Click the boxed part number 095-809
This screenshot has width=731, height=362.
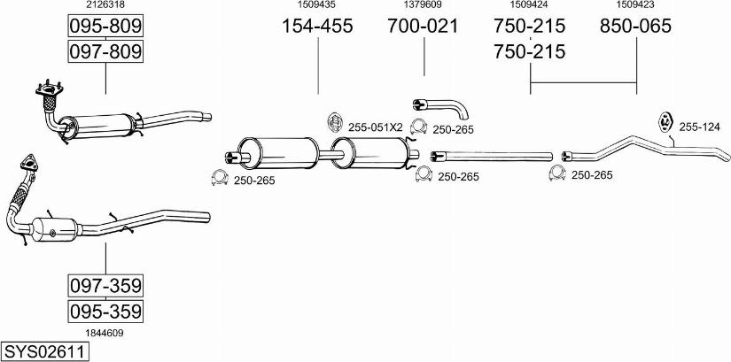click(x=105, y=26)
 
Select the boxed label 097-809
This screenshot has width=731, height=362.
click(x=105, y=50)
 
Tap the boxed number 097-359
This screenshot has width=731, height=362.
click(x=105, y=286)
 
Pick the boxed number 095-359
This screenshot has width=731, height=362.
click(x=105, y=311)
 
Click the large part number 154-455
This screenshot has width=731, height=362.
click(x=317, y=26)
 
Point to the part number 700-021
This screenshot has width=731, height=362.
click(x=424, y=26)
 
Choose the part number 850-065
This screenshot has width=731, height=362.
click(x=635, y=26)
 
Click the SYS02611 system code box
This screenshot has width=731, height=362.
click(x=45, y=351)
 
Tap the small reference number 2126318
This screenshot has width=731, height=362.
click(x=105, y=4)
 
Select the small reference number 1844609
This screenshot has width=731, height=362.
click(x=105, y=333)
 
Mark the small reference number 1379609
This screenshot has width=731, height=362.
click(x=423, y=4)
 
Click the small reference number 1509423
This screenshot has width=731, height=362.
click(x=635, y=4)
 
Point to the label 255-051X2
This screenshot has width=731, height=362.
click(x=376, y=127)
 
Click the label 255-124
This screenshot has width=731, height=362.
click(x=699, y=127)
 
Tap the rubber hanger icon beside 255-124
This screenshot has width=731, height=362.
click(x=665, y=121)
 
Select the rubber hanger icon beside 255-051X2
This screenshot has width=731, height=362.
click(x=334, y=122)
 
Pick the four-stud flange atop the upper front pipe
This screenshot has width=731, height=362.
click(x=49, y=89)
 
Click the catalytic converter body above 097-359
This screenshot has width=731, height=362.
click(x=55, y=229)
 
